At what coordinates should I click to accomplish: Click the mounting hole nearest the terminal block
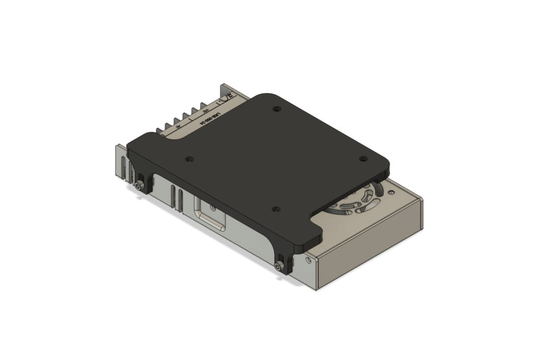[x=276, y=109]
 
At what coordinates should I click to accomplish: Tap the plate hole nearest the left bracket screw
[x=189, y=159]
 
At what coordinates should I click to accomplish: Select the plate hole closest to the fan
[x=363, y=159]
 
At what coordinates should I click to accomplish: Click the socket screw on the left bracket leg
[x=139, y=185]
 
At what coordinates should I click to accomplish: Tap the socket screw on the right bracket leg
[x=279, y=266]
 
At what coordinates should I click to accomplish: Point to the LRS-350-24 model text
[x=201, y=121]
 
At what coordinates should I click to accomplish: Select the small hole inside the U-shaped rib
[x=213, y=209]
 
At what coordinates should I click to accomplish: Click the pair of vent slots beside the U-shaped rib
[x=177, y=197]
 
